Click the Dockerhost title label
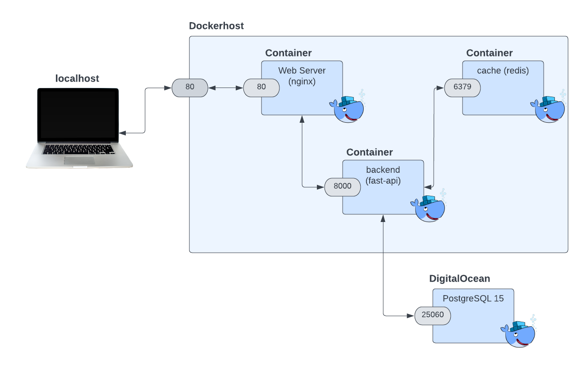point(216,26)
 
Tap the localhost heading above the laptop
point(77,79)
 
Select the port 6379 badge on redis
point(462,88)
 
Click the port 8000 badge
point(342,187)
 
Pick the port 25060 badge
point(432,315)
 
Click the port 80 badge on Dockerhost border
point(190,87)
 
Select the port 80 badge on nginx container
point(261,88)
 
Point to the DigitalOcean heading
point(459,279)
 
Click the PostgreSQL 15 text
point(473,298)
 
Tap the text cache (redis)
point(503,71)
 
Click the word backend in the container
point(383,170)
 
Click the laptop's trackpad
point(79,161)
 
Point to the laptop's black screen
point(78,114)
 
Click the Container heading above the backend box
point(369,153)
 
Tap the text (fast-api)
point(383,180)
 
